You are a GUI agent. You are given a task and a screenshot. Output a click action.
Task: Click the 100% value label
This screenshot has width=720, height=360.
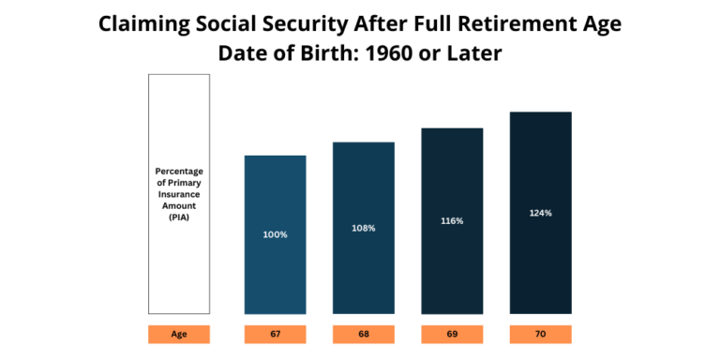click(275, 234)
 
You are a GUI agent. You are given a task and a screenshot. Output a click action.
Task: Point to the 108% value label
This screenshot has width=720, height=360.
click(364, 228)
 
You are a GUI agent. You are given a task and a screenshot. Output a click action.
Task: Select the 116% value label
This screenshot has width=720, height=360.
click(452, 220)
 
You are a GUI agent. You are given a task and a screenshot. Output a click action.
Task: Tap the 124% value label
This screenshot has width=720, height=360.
click(540, 213)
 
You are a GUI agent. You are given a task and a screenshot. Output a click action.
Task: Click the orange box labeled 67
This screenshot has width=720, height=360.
click(275, 334)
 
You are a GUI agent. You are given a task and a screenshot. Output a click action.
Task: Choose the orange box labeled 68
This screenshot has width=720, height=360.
click(364, 334)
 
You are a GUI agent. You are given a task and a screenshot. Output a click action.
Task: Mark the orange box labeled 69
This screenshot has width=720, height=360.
click(452, 334)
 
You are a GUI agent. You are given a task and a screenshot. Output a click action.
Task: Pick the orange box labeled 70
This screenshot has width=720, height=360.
click(540, 334)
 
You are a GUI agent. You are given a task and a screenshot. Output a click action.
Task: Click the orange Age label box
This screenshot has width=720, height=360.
click(178, 334)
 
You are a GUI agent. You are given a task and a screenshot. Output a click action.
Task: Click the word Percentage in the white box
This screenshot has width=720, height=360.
click(178, 172)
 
